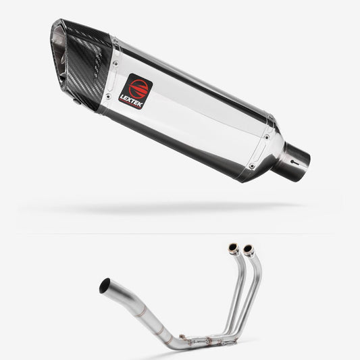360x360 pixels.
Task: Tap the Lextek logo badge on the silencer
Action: tap(136, 95)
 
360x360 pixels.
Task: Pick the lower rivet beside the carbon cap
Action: tap(100, 101)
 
